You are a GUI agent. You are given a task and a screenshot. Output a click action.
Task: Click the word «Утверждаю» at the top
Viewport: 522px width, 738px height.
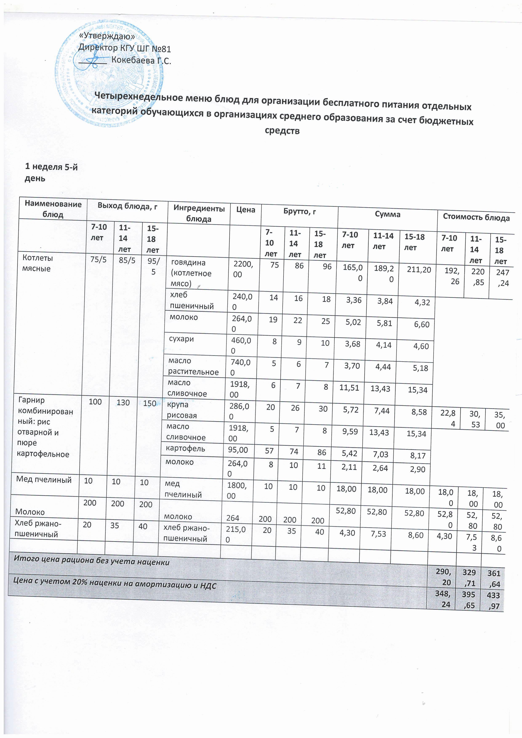click(x=107, y=36)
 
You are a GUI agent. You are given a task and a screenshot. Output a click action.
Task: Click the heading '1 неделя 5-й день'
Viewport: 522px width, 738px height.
click(x=51, y=173)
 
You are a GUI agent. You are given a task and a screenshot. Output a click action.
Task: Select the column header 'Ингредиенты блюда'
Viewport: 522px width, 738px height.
click(x=199, y=214)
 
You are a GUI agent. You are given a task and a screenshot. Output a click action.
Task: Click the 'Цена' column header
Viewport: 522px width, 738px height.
click(x=245, y=210)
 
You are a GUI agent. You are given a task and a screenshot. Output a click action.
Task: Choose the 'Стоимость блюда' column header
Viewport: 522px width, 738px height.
click(x=476, y=218)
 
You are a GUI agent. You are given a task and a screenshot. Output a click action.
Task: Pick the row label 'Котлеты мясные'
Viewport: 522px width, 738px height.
click(x=37, y=263)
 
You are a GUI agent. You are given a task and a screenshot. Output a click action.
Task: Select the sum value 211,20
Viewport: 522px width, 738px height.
click(x=419, y=270)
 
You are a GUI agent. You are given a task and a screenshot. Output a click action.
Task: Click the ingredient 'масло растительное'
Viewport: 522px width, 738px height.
click(x=193, y=366)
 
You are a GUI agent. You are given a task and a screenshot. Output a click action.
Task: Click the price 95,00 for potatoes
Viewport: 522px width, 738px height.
click(x=238, y=450)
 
